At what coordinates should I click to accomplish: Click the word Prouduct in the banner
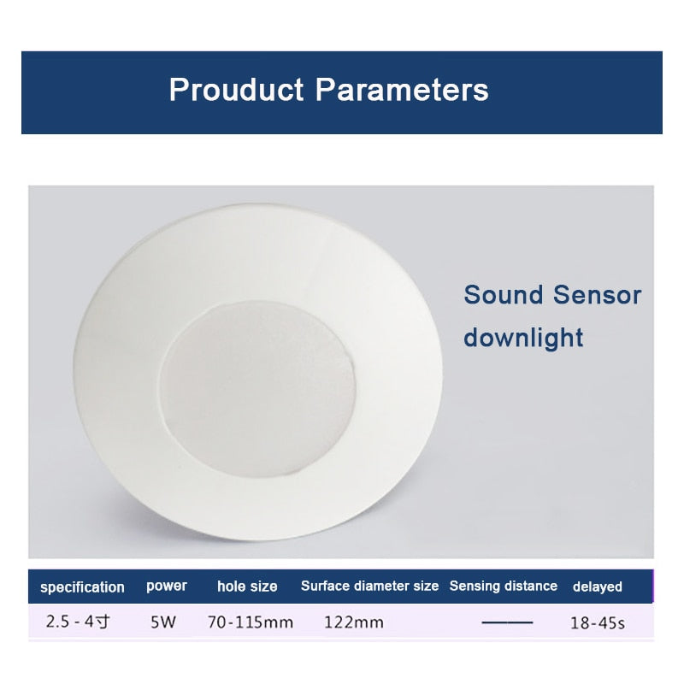236,90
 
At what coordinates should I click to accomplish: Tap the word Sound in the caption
504,295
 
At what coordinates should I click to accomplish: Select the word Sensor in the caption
597,295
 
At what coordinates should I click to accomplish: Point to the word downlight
523,337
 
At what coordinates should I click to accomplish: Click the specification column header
82,587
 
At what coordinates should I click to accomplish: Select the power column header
167,587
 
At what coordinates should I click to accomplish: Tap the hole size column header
247,587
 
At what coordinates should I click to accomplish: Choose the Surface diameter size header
369,587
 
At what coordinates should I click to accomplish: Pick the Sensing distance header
504,587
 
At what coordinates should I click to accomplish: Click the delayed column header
598,587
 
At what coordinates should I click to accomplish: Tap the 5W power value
162,622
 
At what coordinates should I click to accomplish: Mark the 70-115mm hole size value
251,622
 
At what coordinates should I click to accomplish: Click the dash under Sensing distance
507,622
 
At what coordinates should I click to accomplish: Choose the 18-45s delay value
598,622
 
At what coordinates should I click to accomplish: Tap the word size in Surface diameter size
425,587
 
